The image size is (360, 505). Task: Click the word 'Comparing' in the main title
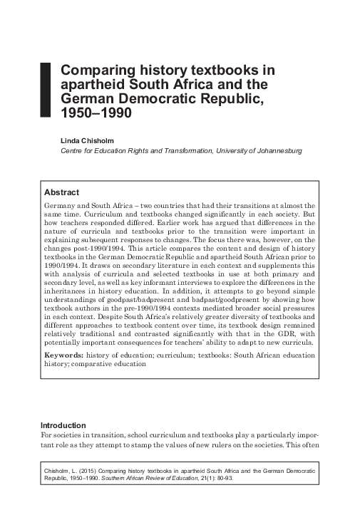95,71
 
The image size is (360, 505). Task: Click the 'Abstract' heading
61,192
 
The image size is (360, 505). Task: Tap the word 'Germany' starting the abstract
61,204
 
